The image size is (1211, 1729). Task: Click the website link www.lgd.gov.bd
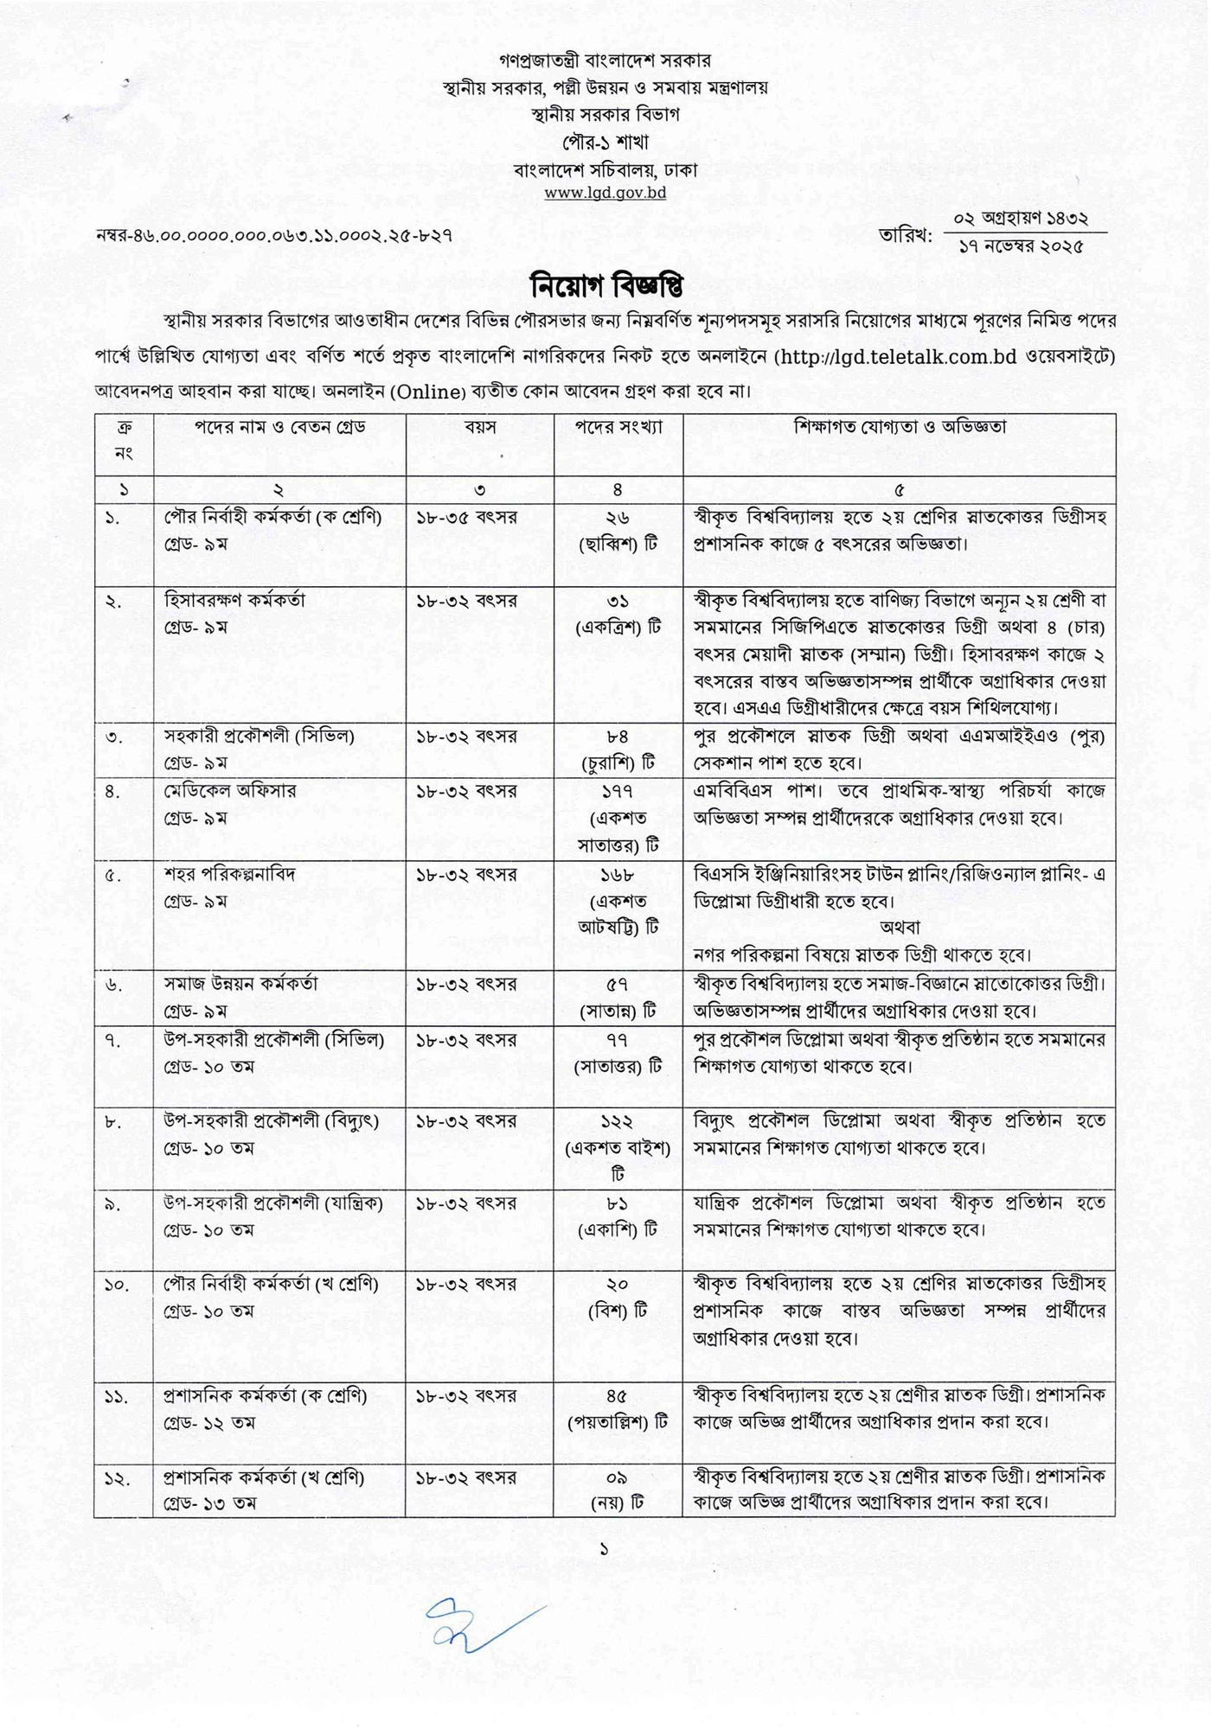coord(605,192)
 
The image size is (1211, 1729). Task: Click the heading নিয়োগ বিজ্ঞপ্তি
coord(605,284)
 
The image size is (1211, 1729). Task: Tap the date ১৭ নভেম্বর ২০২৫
coord(1021,246)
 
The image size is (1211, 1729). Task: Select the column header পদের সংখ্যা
coord(618,427)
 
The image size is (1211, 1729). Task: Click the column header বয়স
coord(480,427)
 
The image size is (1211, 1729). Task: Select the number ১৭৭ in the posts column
coord(618,791)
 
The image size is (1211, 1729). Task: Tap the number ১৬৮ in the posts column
coord(618,874)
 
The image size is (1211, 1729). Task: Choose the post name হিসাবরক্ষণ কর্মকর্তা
coord(234,600)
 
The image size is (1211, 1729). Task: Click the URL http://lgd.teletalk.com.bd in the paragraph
coord(896,356)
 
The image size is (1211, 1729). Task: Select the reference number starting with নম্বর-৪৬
coord(274,234)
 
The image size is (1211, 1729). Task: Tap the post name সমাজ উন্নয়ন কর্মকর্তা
coord(241,983)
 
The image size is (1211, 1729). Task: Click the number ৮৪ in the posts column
coord(618,737)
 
